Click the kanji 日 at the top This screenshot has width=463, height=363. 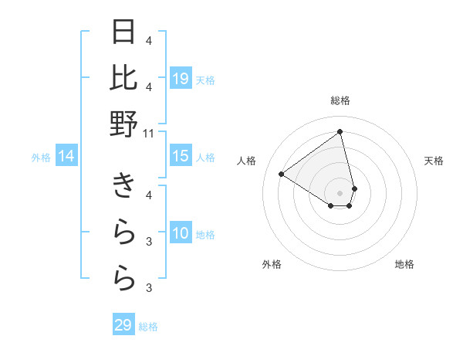pyautogui.click(x=124, y=32)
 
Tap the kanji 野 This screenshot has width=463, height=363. pyautogui.click(x=124, y=124)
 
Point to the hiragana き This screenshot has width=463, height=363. pyautogui.click(x=124, y=186)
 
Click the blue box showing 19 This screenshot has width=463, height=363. pyautogui.click(x=180, y=79)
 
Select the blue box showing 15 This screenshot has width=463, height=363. pyautogui.click(x=180, y=156)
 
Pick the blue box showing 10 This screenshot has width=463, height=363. pyautogui.click(x=180, y=234)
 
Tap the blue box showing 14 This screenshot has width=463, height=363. pyautogui.click(x=66, y=157)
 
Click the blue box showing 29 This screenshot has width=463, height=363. pyautogui.click(x=123, y=325)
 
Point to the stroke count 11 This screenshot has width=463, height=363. pyautogui.click(x=149, y=133)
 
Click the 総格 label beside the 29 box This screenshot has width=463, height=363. pyautogui.click(x=148, y=327)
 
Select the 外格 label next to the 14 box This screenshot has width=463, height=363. pyautogui.click(x=41, y=158)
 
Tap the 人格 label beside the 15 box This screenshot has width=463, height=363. pyautogui.click(x=205, y=158)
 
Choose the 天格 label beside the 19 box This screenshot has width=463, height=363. pyautogui.click(x=205, y=80)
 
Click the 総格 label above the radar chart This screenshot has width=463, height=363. pyautogui.click(x=340, y=100)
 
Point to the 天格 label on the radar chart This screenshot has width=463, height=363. pyautogui.click(x=434, y=161)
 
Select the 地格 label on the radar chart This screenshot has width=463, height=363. pyautogui.click(x=404, y=264)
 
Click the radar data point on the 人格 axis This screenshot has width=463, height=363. pyautogui.click(x=281, y=174)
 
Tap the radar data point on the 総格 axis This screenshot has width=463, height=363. pyautogui.click(x=340, y=132)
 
